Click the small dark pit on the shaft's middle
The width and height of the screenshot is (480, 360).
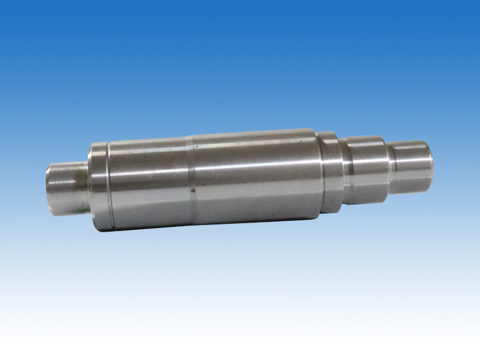193,191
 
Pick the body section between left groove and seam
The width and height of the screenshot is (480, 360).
150,183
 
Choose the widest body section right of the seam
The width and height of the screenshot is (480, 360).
252,177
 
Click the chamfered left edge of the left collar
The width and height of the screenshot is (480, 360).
91,186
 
